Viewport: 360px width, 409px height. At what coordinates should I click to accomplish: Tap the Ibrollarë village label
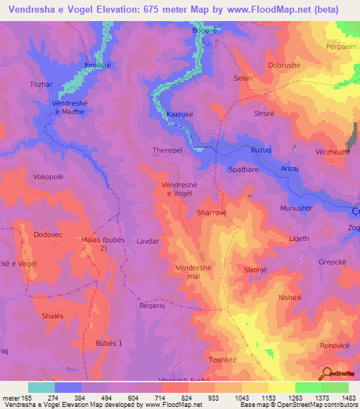tap(99, 63)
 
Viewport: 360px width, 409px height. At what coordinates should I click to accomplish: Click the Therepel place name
tap(167, 150)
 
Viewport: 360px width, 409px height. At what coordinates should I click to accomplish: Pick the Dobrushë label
tap(285, 65)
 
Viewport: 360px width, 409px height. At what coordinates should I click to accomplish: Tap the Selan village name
tap(243, 78)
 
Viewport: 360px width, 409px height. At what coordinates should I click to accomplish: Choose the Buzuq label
tap(261, 150)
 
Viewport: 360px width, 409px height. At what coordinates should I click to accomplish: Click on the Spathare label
tap(243, 169)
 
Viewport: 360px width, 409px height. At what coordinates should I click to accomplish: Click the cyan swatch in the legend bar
tap(41, 387)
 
